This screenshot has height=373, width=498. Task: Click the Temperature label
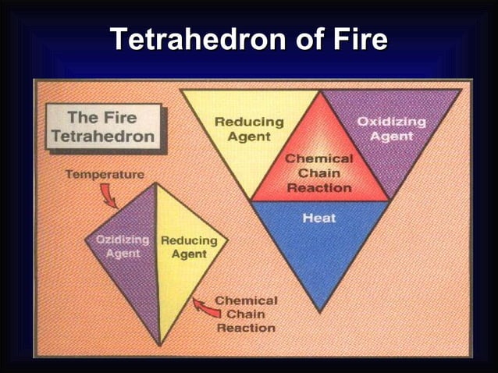[104, 174]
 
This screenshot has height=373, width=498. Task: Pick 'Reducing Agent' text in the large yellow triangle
[249, 130]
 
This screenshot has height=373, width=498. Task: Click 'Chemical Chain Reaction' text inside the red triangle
[318, 173]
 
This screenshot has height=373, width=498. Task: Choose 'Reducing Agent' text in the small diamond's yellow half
[183, 247]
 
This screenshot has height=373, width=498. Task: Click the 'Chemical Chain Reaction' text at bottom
[245, 314]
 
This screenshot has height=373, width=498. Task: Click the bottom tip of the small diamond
[160, 344]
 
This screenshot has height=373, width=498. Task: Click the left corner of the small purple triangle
[86, 240]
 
